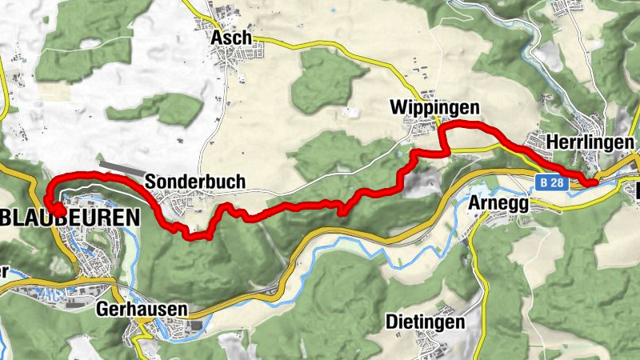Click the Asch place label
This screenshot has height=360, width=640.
(231, 38)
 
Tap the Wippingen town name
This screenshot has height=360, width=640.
(434, 107)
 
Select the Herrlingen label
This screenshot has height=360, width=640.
(590, 141)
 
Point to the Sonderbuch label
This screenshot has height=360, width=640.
(194, 182)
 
